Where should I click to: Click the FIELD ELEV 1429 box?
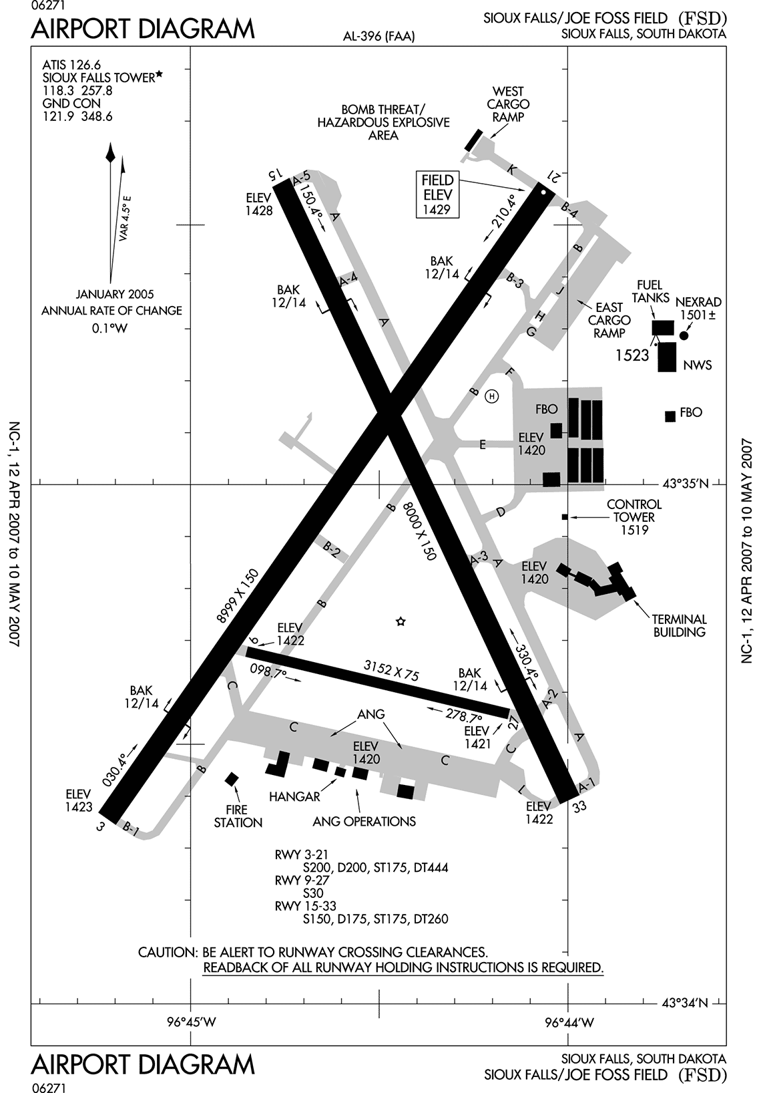438,194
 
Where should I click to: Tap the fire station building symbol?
232,779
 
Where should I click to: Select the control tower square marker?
565,516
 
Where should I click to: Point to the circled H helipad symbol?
492,396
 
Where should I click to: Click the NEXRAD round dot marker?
684,335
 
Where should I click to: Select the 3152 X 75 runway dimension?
391,669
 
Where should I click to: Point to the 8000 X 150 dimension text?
419,531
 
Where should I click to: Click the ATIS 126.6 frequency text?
71,65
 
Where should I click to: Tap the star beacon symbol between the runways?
401,621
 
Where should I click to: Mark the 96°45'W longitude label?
191,1022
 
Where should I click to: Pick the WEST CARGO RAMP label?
508,104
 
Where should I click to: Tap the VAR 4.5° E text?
125,218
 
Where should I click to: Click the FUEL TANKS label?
650,291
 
